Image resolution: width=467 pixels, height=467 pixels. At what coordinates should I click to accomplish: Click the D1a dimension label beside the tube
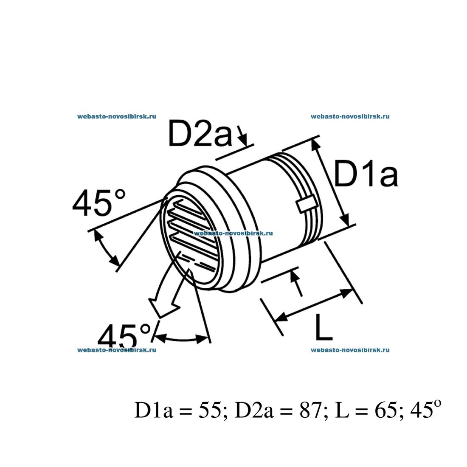(366, 174)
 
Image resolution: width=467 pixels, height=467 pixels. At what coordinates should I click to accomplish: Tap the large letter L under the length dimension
(323, 326)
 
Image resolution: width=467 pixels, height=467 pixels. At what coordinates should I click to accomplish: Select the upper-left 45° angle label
(99, 203)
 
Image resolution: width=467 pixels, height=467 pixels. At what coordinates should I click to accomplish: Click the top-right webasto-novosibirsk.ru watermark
(350, 116)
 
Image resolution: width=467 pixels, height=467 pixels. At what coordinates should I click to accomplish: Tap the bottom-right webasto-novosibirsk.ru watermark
(350, 350)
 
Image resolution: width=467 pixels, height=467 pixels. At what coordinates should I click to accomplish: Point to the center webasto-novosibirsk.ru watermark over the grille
(233, 233)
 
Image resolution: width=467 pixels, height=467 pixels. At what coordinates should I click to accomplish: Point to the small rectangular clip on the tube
(305, 204)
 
